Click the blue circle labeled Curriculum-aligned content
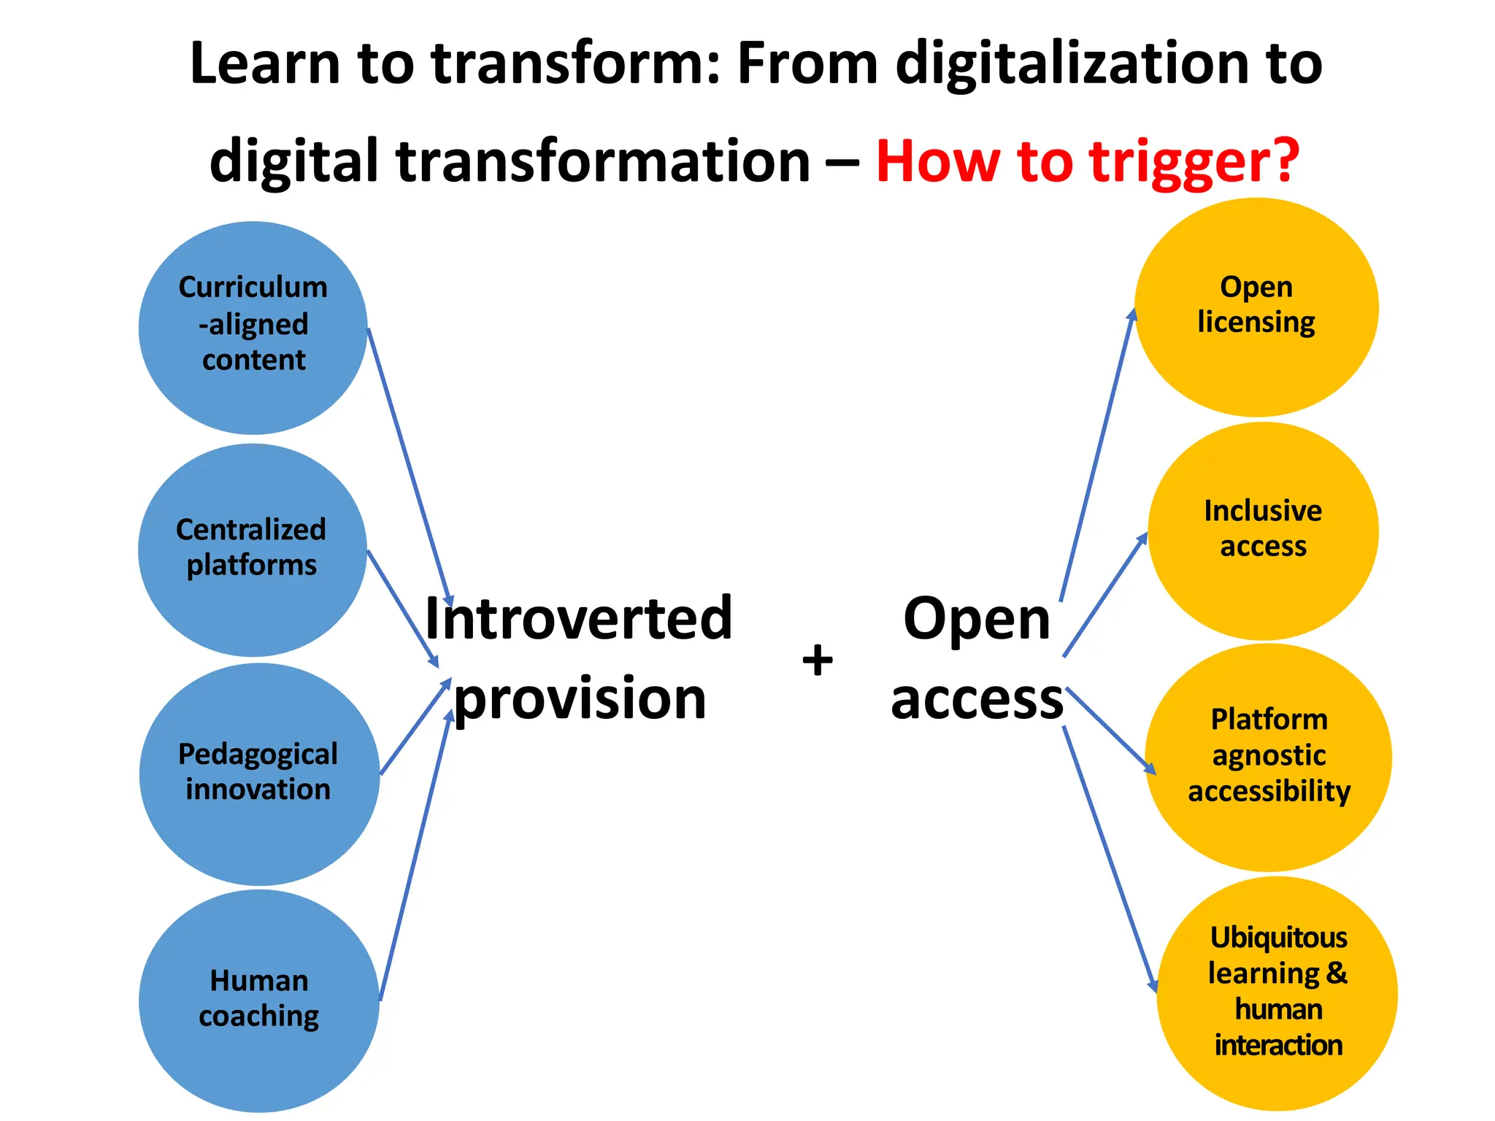(x=253, y=328)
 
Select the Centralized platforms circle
(x=252, y=550)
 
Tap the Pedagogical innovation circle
(x=259, y=774)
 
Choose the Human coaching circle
(x=259, y=1000)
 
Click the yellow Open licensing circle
(x=1256, y=307)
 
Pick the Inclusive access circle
(x=1263, y=531)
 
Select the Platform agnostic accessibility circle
(x=1269, y=757)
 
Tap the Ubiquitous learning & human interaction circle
(x=1277, y=993)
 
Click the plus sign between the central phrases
(x=818, y=660)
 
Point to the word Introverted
(x=578, y=618)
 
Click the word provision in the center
(x=580, y=698)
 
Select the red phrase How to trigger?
(x=1088, y=161)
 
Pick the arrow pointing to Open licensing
(x=1097, y=456)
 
